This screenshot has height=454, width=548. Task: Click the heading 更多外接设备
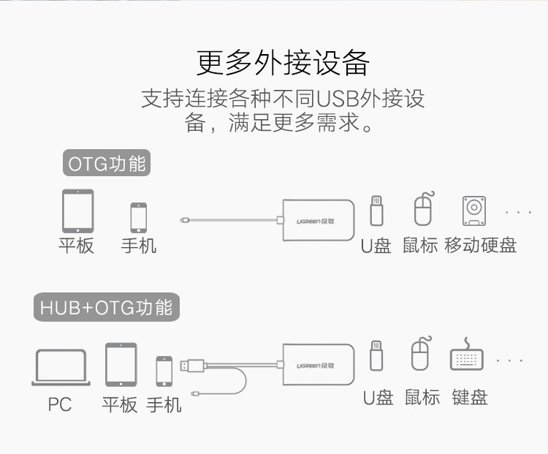coord(283,64)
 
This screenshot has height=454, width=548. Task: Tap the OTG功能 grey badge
coord(107,164)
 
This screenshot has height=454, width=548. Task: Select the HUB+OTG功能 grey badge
coord(107,308)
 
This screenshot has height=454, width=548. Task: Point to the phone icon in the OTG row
coord(139,217)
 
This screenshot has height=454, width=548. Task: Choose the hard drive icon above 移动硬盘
coord(476,211)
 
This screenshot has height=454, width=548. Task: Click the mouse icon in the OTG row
coord(423,210)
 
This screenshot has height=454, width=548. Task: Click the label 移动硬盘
coord(480,246)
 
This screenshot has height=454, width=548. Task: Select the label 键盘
coord(469,398)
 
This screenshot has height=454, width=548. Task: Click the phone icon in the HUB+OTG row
coord(164,371)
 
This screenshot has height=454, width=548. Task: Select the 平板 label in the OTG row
coord(77,246)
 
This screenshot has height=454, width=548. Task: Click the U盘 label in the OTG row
coord(376,246)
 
